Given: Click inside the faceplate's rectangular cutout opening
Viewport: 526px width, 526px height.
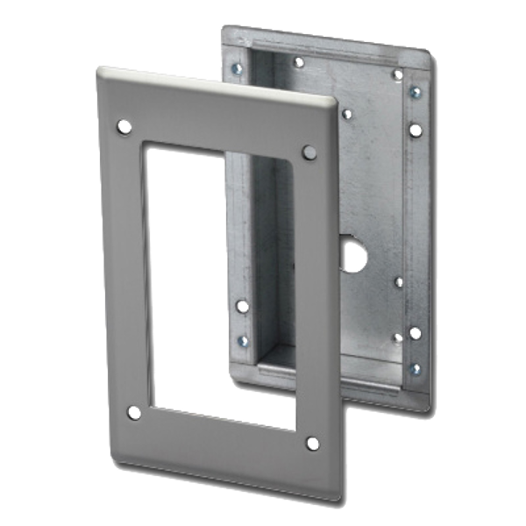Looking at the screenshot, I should [x=219, y=281].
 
